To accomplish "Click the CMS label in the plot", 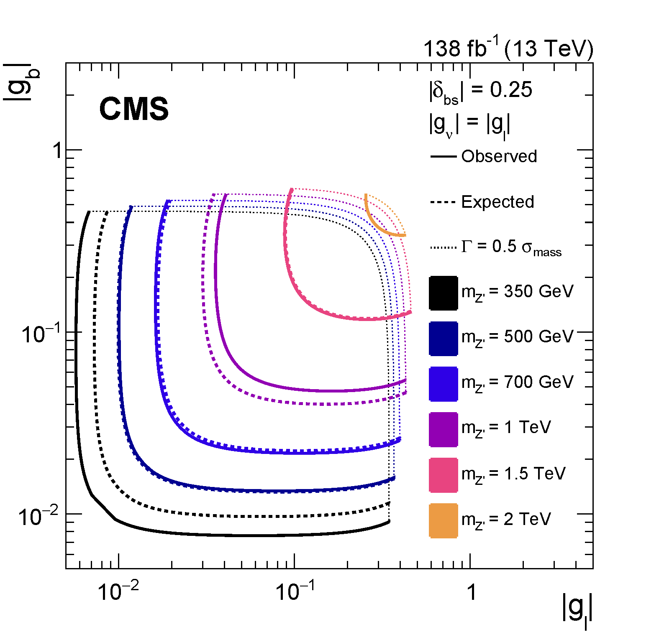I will [134, 109].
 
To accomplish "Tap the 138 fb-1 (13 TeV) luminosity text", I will [508, 48].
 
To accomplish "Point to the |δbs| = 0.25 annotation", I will [480, 91].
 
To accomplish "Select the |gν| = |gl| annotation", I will [469, 124].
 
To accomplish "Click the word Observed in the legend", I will [499, 156].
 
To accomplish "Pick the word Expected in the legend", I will [497, 202].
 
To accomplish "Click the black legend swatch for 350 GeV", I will [443, 293].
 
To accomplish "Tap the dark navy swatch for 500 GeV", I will [443, 338].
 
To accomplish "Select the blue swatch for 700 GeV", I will [443, 384].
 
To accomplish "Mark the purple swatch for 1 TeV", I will [443, 429].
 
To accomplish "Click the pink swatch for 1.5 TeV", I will [443, 475].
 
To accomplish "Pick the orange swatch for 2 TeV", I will [443, 520].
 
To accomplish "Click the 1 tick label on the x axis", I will [472, 592].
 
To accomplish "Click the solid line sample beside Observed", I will [443, 157].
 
